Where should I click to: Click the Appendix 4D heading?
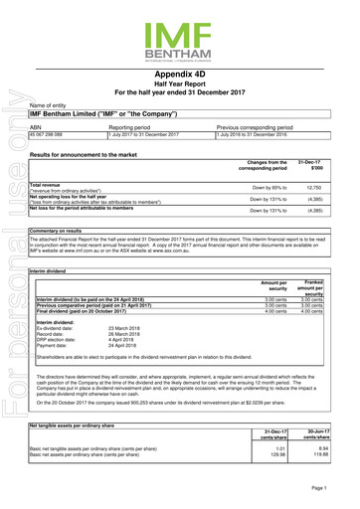click(179, 75)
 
